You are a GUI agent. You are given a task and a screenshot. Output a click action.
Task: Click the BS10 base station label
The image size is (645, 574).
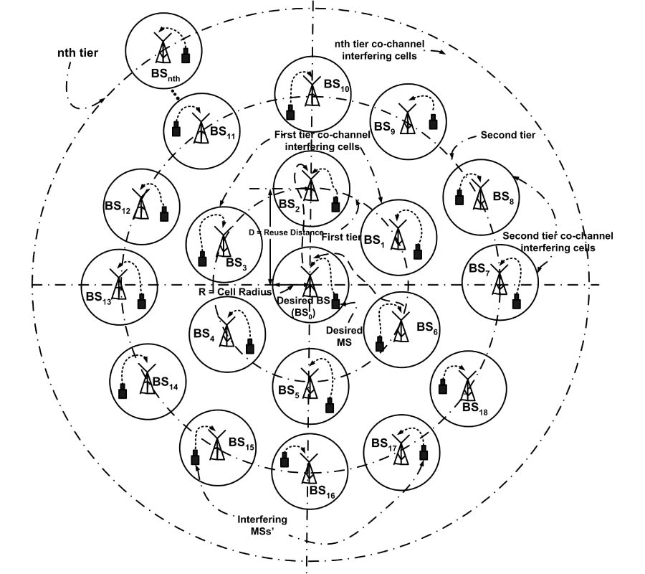336,85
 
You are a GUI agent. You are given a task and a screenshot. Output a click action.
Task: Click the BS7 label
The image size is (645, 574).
478,269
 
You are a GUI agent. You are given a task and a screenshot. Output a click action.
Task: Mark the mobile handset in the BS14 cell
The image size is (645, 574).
123,391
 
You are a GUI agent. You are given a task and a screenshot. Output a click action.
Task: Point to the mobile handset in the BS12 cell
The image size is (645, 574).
164,214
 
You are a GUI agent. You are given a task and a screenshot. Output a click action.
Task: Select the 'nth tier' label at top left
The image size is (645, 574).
79,53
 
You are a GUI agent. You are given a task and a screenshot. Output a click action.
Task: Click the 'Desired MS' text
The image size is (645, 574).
344,336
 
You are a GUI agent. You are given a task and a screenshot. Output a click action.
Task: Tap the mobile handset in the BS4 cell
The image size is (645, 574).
249,347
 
